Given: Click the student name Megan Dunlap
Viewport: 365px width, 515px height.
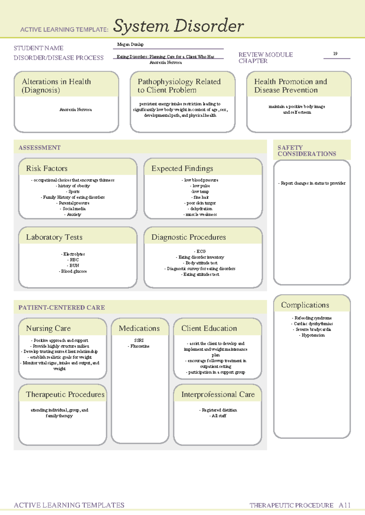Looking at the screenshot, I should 130,44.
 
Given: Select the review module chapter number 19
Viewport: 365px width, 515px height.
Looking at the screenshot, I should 335,53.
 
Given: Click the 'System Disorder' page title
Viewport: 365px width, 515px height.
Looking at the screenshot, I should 178,26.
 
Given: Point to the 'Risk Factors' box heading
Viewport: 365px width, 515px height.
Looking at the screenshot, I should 47,169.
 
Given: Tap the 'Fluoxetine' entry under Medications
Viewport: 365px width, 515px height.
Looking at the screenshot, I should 140,346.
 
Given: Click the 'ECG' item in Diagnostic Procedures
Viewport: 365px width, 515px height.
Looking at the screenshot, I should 201,251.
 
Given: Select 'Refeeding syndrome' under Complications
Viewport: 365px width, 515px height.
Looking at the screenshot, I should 313,318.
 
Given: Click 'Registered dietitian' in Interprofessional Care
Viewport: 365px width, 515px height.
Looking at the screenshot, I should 219,410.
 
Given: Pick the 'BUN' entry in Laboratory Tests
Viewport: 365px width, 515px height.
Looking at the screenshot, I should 74,265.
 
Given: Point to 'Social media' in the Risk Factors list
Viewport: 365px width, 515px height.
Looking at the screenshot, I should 74,209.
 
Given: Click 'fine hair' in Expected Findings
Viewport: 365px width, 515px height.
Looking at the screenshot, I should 201,197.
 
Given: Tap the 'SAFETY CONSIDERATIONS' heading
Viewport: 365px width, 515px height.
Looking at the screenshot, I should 307,151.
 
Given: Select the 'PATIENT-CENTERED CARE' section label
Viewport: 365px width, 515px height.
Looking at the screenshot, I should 62,308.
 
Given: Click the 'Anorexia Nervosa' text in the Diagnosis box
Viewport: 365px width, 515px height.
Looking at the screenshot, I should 75,110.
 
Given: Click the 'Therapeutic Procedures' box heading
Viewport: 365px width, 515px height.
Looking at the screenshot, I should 65,394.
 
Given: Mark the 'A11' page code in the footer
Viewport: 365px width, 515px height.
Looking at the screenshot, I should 345,505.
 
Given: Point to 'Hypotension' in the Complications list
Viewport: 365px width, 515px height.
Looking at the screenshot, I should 313,335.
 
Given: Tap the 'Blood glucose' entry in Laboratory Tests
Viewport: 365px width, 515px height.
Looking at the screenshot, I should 74,271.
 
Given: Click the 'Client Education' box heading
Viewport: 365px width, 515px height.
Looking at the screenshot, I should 209,328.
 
